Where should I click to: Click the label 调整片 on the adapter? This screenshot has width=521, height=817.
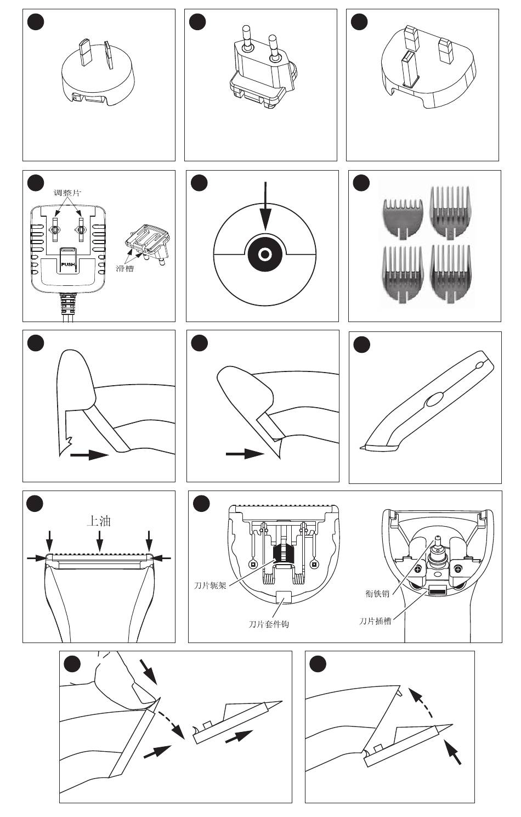point(67,193)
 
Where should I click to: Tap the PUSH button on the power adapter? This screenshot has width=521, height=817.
point(68,260)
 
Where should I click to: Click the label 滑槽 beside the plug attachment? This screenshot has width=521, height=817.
point(124,269)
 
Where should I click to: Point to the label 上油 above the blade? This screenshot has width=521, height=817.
point(98,521)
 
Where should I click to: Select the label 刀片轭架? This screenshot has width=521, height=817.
point(210,585)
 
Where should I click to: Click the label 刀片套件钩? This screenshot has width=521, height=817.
point(269,624)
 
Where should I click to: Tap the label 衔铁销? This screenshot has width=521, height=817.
point(377,594)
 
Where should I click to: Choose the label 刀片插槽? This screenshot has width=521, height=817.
point(375,621)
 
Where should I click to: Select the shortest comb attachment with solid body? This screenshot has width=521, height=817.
point(403,219)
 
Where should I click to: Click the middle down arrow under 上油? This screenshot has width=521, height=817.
point(99,540)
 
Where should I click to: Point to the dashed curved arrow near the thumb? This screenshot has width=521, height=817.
point(170,719)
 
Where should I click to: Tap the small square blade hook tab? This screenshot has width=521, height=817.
point(284,597)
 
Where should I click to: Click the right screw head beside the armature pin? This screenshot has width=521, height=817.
point(458,568)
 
